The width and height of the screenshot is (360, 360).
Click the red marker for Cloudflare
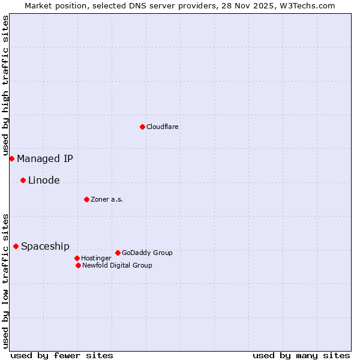click(x=142, y=127)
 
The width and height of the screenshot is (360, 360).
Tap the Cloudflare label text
click(x=162, y=127)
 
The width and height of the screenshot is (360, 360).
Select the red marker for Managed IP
click(x=11, y=158)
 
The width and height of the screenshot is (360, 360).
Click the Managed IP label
click(x=45, y=158)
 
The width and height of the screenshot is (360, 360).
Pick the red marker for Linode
click(x=23, y=180)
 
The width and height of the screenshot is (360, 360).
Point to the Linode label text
click(x=44, y=180)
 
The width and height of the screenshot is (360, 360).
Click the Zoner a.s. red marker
click(x=86, y=199)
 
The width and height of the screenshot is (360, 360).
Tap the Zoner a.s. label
click(x=107, y=199)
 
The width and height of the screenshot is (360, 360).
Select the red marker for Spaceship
click(x=16, y=246)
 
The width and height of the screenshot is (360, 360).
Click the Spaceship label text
click(x=45, y=246)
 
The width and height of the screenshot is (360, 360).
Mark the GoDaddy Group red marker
click(x=118, y=253)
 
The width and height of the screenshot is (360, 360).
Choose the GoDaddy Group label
click(x=147, y=253)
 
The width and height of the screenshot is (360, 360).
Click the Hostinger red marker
click(x=77, y=258)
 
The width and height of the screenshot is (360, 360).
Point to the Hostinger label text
click(x=96, y=258)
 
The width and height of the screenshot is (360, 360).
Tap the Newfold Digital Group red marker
click(x=78, y=265)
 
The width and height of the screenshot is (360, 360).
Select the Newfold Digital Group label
click(x=117, y=265)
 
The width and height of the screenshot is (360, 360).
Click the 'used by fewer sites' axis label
click(x=62, y=355)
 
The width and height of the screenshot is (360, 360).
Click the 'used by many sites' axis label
click(x=301, y=355)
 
